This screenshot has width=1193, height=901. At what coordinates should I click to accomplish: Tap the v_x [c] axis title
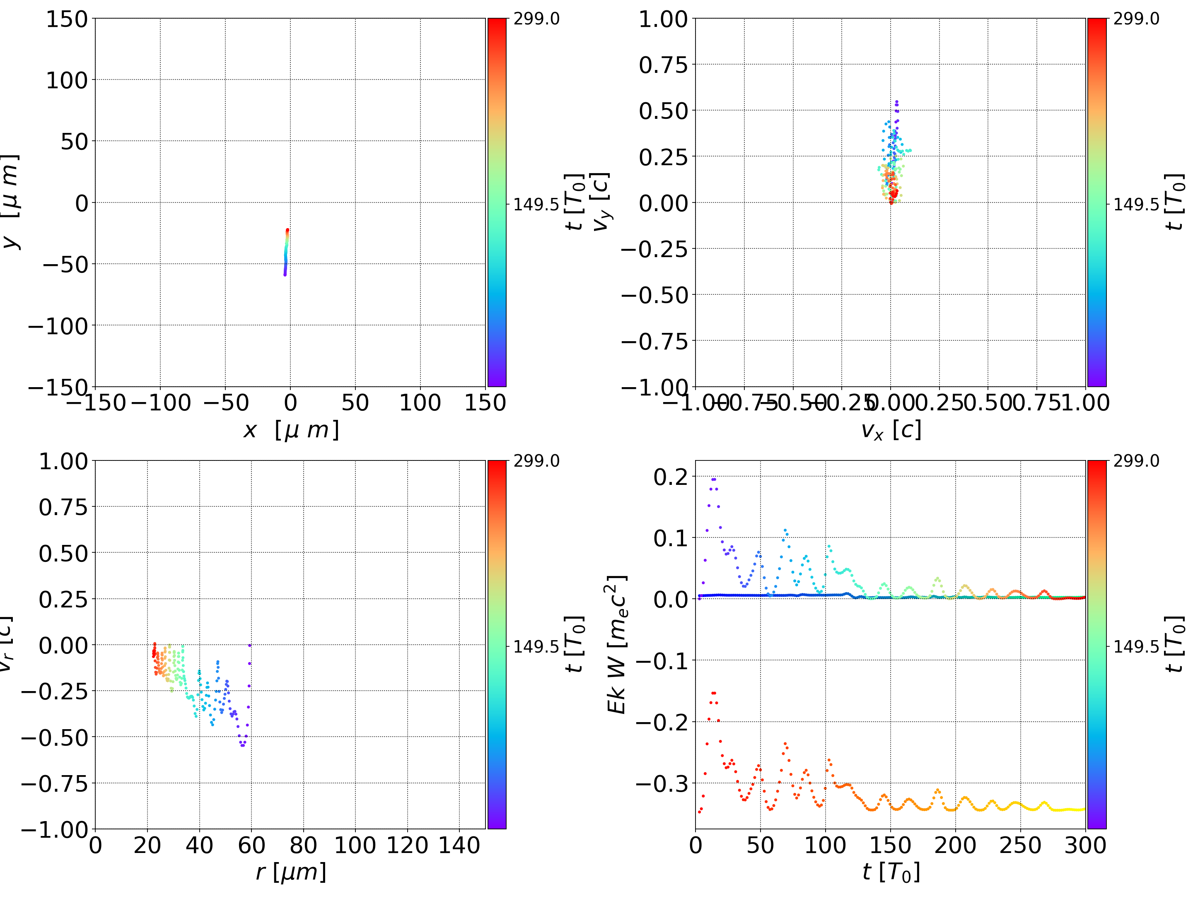pyautogui.click(x=891, y=430)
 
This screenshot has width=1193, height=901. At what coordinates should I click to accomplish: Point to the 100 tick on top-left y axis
pyautogui.click(x=66, y=80)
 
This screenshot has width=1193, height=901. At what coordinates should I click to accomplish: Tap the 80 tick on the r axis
pyautogui.click(x=303, y=845)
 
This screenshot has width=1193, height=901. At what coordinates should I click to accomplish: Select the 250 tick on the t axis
pyautogui.click(x=1020, y=845)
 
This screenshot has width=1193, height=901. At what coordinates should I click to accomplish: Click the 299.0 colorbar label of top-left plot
pyautogui.click(x=536, y=19)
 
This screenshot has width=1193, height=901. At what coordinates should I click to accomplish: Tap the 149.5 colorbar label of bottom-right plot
pyautogui.click(x=1136, y=646)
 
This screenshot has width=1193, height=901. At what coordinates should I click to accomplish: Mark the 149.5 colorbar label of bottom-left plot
pyautogui.click(x=536, y=646)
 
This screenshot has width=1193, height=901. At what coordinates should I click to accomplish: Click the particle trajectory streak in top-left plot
pyautogui.click(x=286, y=252)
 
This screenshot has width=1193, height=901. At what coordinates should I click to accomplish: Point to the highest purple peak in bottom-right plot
pyautogui.click(x=714, y=479)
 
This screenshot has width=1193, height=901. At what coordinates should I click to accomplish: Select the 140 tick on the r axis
pyautogui.click(x=459, y=845)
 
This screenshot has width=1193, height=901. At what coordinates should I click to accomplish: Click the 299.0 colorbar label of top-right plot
pyautogui.click(x=1136, y=19)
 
